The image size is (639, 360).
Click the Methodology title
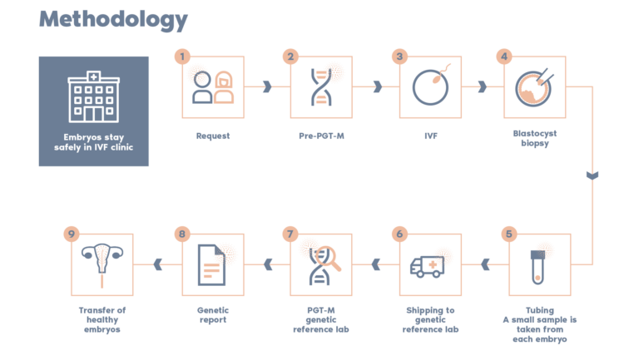click(113, 20)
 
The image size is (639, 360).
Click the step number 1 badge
click(182, 57)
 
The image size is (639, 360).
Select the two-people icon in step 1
click(213, 87)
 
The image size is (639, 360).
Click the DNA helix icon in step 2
click(320, 87)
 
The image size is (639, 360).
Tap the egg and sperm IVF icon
click(429, 86)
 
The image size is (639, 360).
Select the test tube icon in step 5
click(538, 264)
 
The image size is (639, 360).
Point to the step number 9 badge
click(72, 234)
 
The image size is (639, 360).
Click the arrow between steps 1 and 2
click(267, 86)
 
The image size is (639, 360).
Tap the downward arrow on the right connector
click(592, 175)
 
